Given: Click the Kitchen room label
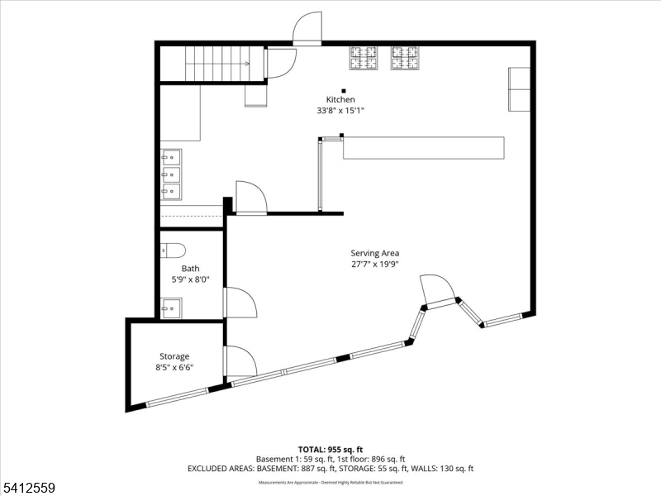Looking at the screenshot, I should [x=340, y=99].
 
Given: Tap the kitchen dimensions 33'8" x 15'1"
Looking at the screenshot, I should [x=340, y=110].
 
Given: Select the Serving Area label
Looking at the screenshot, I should [x=380, y=254].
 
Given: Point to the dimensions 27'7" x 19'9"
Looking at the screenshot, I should [x=380, y=265].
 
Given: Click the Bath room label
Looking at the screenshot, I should [x=191, y=269].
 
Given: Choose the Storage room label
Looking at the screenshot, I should [x=174, y=356].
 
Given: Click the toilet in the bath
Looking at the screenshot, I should [x=173, y=249].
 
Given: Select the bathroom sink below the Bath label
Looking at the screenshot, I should [x=172, y=310].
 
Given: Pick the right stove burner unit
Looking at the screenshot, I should [x=405, y=58].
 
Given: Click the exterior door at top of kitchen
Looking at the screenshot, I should [x=307, y=28].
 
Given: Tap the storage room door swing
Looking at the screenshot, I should [x=240, y=360].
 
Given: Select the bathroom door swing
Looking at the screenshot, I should [x=240, y=303].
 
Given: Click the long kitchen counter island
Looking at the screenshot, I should [x=423, y=148].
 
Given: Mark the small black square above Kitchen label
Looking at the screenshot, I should [x=344, y=90].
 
